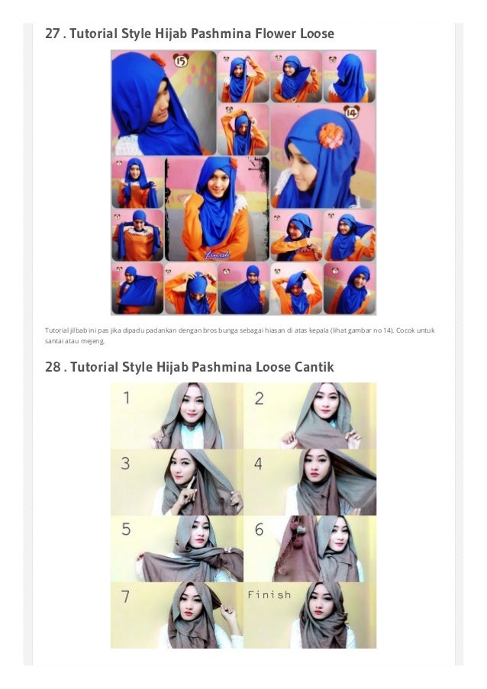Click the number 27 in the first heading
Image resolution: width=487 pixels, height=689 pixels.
(53, 34)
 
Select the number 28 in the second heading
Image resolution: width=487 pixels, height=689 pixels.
(53, 367)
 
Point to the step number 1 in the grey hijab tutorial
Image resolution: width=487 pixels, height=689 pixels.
(127, 398)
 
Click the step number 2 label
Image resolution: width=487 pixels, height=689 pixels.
(260, 398)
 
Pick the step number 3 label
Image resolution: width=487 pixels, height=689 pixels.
(126, 463)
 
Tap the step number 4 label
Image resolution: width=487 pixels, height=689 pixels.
(259, 464)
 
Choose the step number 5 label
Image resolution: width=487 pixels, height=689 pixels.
(126, 529)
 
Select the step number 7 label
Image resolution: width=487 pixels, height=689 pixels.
(125, 596)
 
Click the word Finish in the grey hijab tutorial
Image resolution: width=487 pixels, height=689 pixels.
(269, 594)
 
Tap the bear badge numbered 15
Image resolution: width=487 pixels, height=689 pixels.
(181, 60)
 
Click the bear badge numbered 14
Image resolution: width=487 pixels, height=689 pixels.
(351, 112)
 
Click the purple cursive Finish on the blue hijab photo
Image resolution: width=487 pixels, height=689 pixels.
(217, 254)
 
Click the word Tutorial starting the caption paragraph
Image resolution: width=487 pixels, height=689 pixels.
(56, 330)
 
